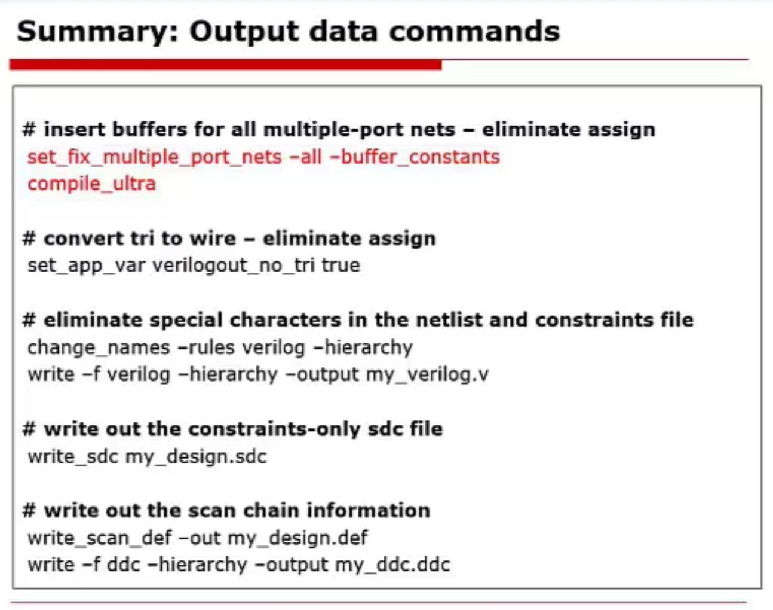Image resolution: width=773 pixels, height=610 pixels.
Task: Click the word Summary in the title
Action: pyautogui.click(x=97, y=32)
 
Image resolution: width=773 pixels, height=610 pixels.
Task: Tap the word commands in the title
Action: pyautogui.click(x=474, y=31)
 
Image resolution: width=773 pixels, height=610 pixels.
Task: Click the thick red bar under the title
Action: pyautogui.click(x=226, y=65)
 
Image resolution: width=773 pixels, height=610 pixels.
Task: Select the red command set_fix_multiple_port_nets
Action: pyautogui.click(x=155, y=157)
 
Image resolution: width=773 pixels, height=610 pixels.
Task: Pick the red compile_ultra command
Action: pyautogui.click(x=91, y=184)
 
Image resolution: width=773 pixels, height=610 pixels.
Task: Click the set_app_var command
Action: pyautogui.click(x=87, y=266)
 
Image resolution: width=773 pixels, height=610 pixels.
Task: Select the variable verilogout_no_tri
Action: pyautogui.click(x=234, y=266)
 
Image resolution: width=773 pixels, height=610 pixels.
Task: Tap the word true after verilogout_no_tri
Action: pyautogui.click(x=341, y=265)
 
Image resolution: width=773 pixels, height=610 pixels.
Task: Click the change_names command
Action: pyautogui.click(x=99, y=348)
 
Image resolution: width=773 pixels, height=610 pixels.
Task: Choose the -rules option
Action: pyautogui.click(x=206, y=348)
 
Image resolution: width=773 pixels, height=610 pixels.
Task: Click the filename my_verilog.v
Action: pyautogui.click(x=428, y=375)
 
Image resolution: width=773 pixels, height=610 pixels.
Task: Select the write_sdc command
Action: pyautogui.click(x=73, y=457)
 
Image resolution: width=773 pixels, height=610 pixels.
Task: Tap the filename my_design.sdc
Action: pyautogui.click(x=196, y=457)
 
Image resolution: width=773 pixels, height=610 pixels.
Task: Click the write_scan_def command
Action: pyautogui.click(x=100, y=538)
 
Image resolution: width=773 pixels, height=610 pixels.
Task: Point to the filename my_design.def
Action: pyautogui.click(x=297, y=538)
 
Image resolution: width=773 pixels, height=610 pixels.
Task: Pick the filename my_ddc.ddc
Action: pyautogui.click(x=392, y=565)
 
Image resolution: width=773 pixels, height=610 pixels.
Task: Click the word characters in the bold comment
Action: pyautogui.click(x=285, y=320)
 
